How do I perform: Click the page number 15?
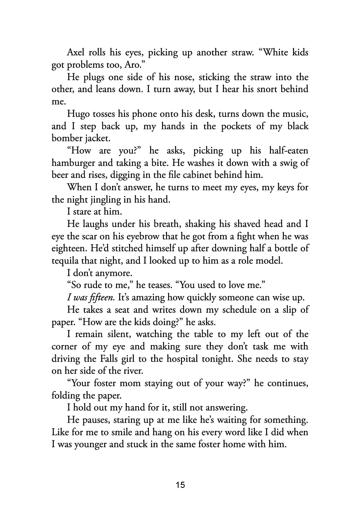(180, 485)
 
